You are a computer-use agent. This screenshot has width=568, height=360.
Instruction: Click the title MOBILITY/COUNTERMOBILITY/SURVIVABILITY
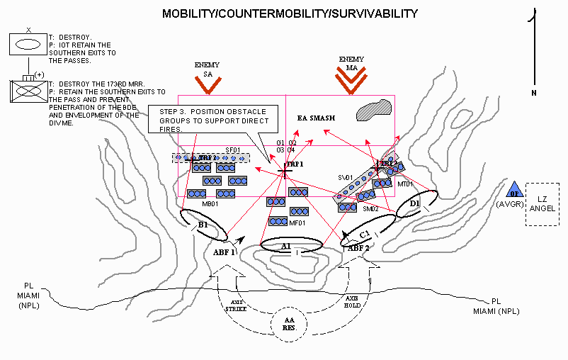[x=290, y=14]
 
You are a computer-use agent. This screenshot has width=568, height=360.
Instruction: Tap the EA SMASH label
[x=316, y=117]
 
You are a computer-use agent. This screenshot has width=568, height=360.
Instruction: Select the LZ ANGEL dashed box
[x=542, y=205]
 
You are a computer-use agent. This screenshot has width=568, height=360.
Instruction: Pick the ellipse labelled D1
[x=415, y=205]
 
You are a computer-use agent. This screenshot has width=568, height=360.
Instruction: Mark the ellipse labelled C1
[x=366, y=233]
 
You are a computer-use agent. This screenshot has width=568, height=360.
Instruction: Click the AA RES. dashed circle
[x=290, y=325]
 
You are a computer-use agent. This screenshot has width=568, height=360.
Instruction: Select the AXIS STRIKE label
[x=236, y=306]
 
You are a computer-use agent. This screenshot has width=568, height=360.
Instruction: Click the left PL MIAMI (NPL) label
[x=30, y=298]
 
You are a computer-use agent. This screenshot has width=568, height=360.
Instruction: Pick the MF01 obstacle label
[x=297, y=224]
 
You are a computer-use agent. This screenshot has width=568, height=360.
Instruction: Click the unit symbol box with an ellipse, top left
[x=28, y=43]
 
